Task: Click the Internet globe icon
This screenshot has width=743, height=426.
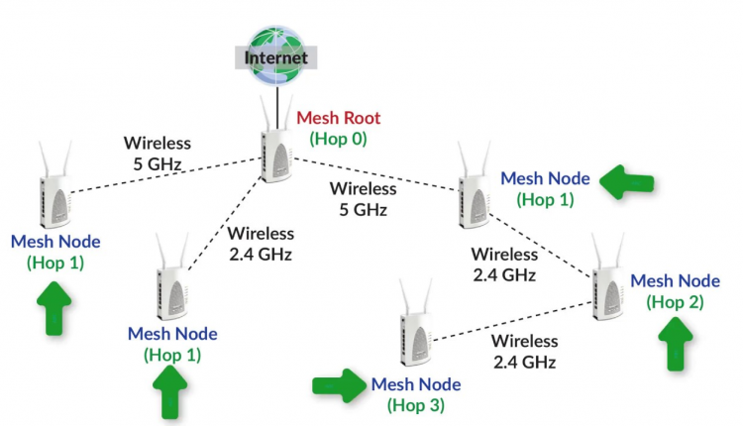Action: coord(276,51)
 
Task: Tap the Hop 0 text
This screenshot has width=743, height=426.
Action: coord(339,139)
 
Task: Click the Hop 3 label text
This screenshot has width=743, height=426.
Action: coord(416,404)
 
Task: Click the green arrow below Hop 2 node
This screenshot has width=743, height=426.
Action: coord(677,348)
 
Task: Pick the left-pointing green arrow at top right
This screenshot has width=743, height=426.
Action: coord(629,181)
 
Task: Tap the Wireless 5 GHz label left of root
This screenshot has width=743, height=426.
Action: coord(157,152)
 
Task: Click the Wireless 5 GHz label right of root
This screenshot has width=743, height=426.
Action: coord(363,198)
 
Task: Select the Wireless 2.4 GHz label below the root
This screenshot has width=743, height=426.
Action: coord(261,244)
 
